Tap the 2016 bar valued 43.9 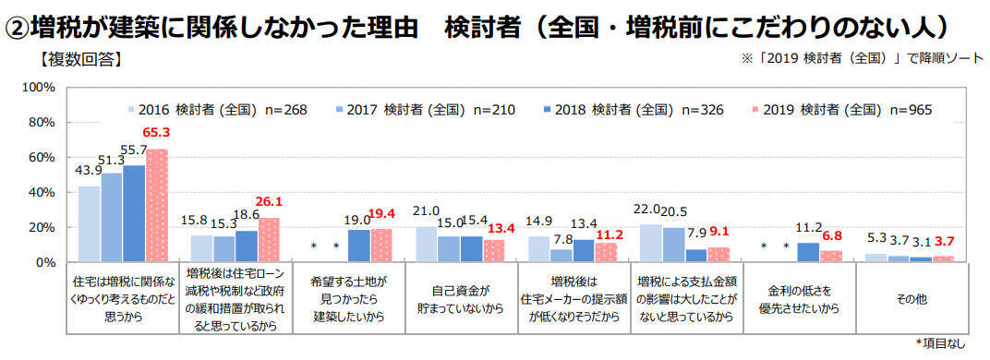89,224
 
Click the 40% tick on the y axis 45,193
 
